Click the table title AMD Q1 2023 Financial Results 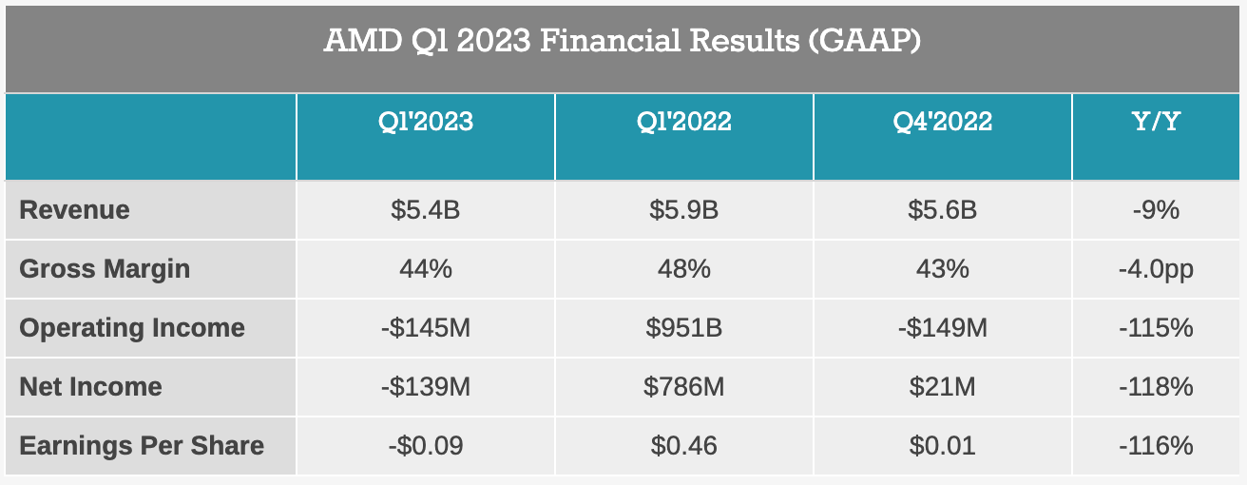tap(623, 42)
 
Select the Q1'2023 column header tap(425, 123)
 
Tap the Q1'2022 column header tap(683, 123)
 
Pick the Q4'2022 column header tap(942, 123)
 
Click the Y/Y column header tap(1156, 123)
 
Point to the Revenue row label tap(74, 210)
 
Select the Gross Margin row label tap(105, 269)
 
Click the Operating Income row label tap(132, 328)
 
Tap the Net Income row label tap(90, 387)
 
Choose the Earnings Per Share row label tap(142, 446)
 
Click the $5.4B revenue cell tap(425, 210)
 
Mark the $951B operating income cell tap(683, 328)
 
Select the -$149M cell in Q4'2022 tap(942, 328)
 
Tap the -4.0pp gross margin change tap(1156, 269)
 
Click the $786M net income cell tap(683, 387)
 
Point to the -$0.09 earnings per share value tap(425, 446)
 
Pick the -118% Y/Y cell tap(1156, 387)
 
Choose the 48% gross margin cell tap(683, 269)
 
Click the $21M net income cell tap(942, 387)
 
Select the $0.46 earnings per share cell tap(683, 446)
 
